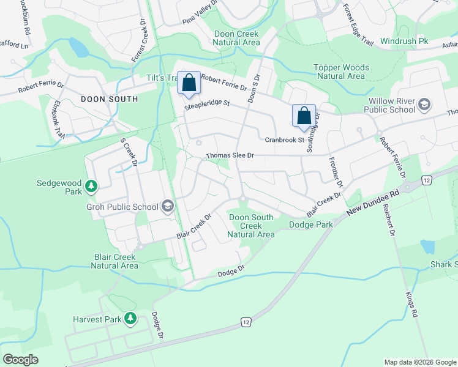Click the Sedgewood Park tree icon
91,185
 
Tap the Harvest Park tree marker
130,318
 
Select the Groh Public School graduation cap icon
167,207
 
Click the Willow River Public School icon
424,105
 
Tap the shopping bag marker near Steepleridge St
189,83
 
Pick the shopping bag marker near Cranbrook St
304,116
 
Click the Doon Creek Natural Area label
236,38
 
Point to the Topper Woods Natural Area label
341,72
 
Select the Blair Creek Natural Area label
116,261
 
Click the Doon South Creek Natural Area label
251,226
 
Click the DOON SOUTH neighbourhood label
110,98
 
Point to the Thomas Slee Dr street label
230,156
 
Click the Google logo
20,360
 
